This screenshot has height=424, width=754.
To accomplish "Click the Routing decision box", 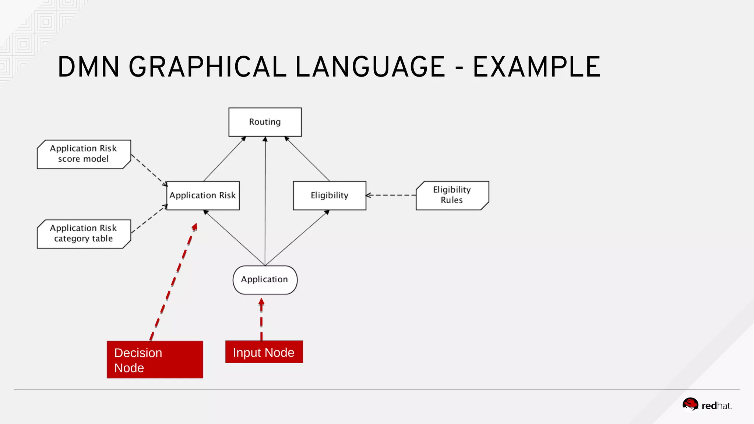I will pyautogui.click(x=265, y=122).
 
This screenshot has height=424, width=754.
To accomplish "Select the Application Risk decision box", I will pyautogui.click(x=203, y=195).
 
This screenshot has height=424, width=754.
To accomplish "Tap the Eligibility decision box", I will pyautogui.click(x=330, y=195).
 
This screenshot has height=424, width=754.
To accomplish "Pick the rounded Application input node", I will pyautogui.click(x=265, y=280).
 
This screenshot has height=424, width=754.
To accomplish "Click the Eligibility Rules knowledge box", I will pyautogui.click(x=452, y=195).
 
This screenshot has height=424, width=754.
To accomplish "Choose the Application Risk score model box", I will pyautogui.click(x=84, y=154).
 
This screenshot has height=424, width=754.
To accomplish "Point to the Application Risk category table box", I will pyautogui.click(x=84, y=234).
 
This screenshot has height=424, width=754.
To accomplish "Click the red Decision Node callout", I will pyautogui.click(x=155, y=360).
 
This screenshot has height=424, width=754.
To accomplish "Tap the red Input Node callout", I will pyautogui.click(x=264, y=352).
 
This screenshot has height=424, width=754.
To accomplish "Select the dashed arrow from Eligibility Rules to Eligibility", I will pyautogui.click(x=391, y=195).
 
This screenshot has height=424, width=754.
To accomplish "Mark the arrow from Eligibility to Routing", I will pyautogui.click(x=307, y=159).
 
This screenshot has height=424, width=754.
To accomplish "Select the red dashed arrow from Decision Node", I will pyautogui.click(x=173, y=282).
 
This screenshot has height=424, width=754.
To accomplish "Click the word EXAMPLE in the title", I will pyautogui.click(x=537, y=67).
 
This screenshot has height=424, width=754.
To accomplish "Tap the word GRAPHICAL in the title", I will pyautogui.click(x=208, y=67).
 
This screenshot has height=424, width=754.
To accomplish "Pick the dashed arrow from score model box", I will pyautogui.click(x=149, y=170).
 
